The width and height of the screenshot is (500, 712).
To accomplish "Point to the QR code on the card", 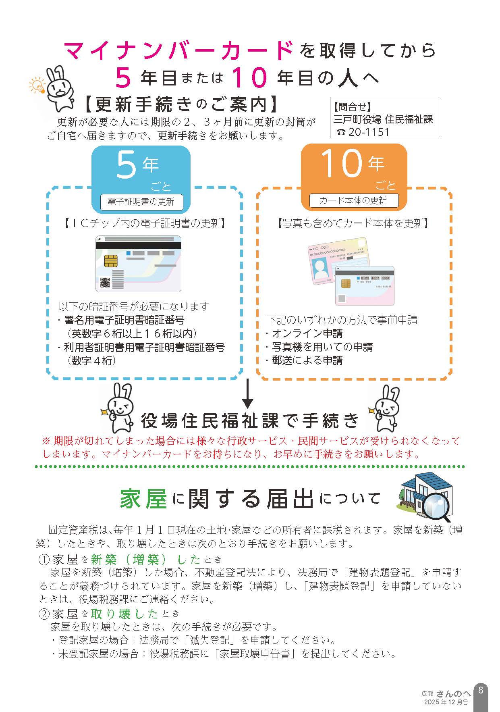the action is click(x=105, y=283).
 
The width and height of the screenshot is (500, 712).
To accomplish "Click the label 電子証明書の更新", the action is click(x=141, y=202).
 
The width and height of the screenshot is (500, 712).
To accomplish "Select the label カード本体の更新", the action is click(x=353, y=200).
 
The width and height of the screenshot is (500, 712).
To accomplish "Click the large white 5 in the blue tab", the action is click(x=126, y=165).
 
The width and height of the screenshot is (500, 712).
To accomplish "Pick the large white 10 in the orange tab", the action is click(x=341, y=164).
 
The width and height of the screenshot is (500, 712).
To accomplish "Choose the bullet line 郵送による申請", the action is click(x=304, y=360).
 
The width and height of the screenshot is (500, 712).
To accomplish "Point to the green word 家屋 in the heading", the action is click(x=143, y=499).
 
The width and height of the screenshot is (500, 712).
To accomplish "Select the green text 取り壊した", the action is click(x=124, y=614).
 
